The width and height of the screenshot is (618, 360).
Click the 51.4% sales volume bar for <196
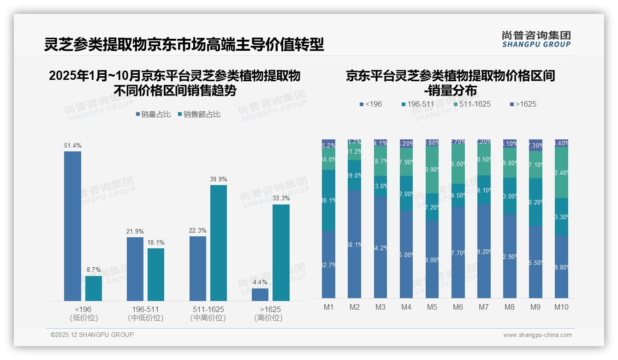[72, 226]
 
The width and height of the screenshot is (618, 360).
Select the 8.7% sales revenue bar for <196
[94, 288]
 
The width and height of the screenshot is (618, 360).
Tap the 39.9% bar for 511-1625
[219, 243]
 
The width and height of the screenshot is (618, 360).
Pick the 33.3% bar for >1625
[281, 252]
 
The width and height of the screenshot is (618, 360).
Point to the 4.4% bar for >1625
[260, 294]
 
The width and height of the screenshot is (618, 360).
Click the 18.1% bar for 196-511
[156, 275]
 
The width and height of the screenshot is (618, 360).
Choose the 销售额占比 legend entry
[199, 114]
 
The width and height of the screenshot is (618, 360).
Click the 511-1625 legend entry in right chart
[471, 104]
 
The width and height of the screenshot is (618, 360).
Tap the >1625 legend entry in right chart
[523, 104]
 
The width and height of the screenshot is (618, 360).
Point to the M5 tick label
[432, 307]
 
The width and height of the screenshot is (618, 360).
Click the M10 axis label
[561, 307]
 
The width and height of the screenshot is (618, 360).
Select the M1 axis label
[328, 307]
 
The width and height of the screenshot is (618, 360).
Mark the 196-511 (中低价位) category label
[145, 313]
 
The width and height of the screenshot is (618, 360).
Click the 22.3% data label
[197, 230]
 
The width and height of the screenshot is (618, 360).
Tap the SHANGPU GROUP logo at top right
[536, 39]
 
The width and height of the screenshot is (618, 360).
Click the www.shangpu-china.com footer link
[537, 335]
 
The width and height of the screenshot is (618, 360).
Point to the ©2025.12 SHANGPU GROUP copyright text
[92, 335]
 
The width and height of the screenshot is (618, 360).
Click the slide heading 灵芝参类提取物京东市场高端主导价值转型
[184, 44]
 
